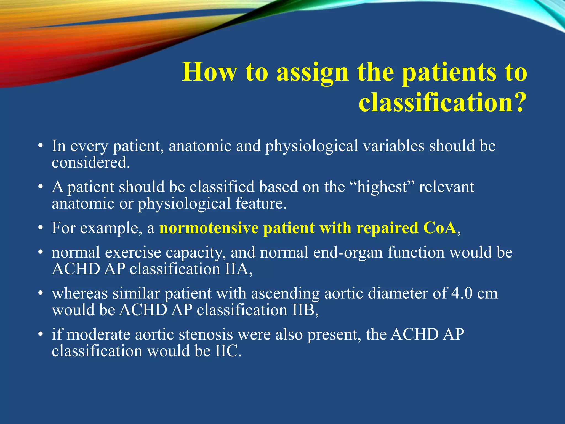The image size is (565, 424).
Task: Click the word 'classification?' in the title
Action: point(441,102)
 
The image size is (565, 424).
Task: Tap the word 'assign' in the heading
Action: point(312,72)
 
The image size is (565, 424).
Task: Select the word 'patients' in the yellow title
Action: point(449,72)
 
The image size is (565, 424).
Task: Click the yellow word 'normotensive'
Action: point(209,228)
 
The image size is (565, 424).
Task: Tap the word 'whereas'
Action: point(80,293)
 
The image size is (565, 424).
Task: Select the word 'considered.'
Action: point(91,162)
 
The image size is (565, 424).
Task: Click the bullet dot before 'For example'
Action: point(41,228)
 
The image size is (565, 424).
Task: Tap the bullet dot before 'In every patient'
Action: point(41,146)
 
